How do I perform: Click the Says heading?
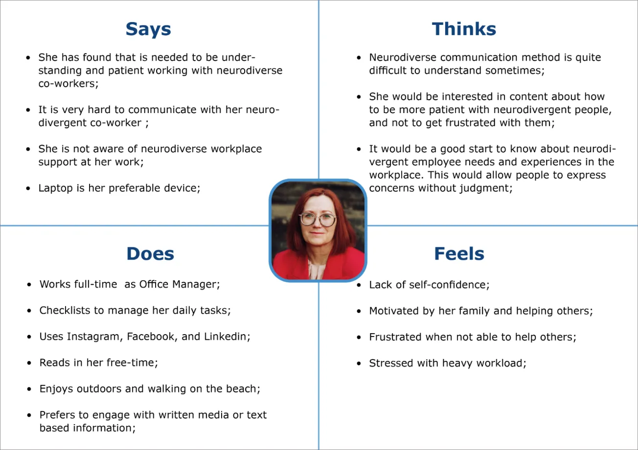click(148, 29)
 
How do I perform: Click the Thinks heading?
click(464, 29)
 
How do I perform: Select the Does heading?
click(150, 253)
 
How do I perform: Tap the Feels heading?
click(459, 253)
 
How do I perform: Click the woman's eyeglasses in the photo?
click(318, 219)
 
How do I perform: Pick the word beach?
click(243, 389)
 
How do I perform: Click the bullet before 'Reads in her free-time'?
click(29, 363)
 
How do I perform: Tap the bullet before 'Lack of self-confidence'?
click(359, 285)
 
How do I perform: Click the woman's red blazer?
click(289, 264)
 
